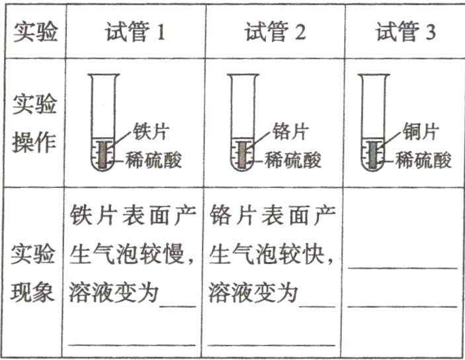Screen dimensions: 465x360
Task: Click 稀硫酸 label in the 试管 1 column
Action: [x=156, y=159]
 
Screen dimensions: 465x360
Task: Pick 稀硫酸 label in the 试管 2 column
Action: [x=294, y=159]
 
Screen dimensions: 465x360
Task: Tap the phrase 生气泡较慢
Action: [x=132, y=253]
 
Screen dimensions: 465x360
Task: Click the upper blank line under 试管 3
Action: [x=402, y=267]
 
